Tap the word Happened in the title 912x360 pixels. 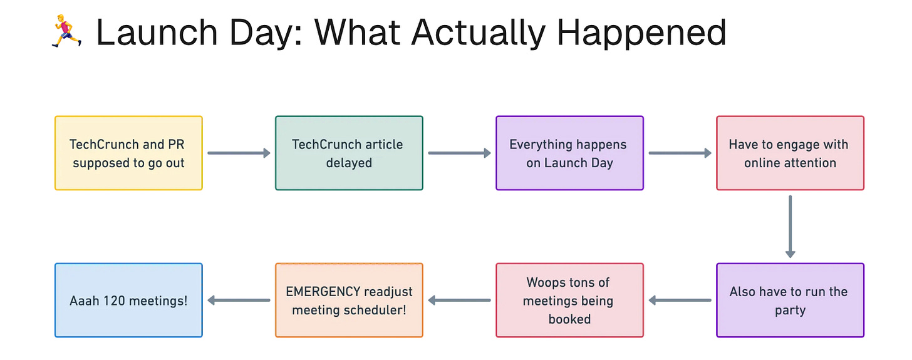641,32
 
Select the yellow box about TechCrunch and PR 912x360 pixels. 128,153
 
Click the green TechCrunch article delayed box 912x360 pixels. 349,153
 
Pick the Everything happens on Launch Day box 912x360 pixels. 569,153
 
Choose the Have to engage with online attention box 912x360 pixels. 790,153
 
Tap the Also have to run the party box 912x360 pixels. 790,301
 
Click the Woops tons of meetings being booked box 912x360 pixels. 569,301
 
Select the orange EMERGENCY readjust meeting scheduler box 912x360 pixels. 349,301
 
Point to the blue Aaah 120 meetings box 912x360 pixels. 128,301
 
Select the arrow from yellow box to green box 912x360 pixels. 239,153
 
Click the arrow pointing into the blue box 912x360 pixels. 239,301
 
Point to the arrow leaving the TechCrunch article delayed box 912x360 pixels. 459,153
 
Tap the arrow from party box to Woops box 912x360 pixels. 680,301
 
